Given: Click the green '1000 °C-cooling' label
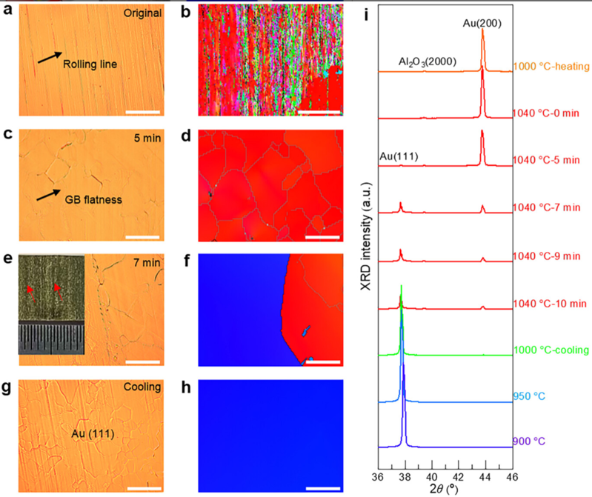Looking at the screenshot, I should click(x=551, y=350).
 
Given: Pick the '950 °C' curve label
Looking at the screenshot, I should click(x=527, y=397).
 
